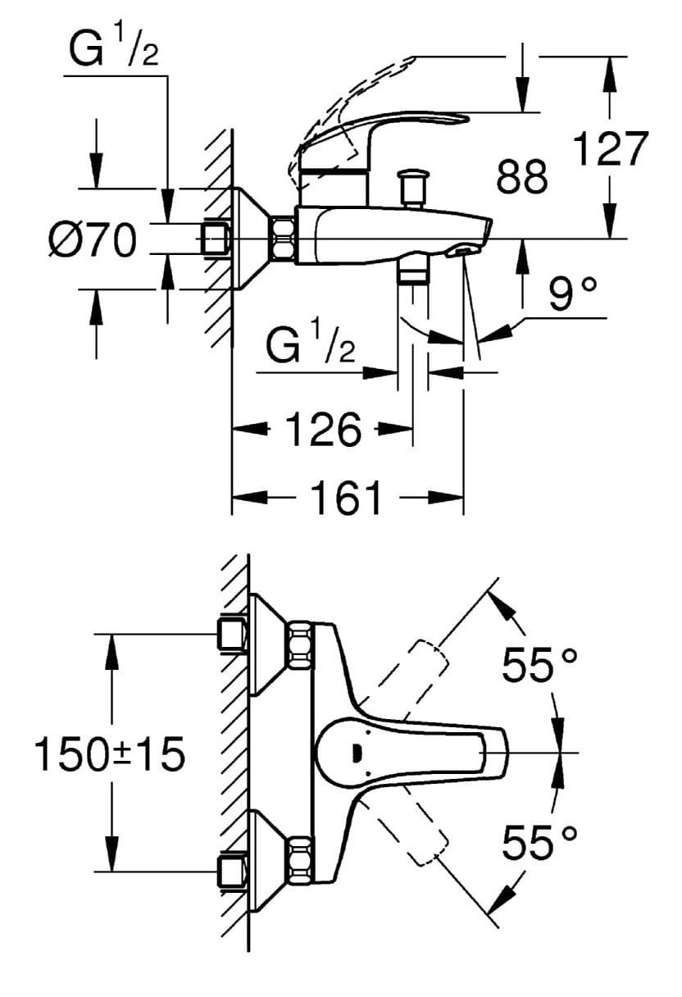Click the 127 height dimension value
[x=610, y=149]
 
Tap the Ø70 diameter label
[x=91, y=241]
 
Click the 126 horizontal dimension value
[x=323, y=430]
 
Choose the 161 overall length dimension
[x=346, y=498]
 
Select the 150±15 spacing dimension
[x=109, y=753]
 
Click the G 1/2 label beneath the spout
[x=311, y=348]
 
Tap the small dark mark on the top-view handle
[x=355, y=752]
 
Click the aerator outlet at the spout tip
[x=462, y=250]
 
